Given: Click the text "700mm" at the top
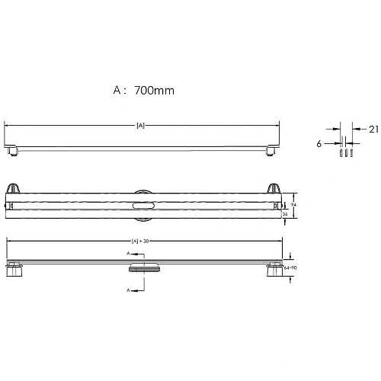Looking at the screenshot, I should pos(153,90).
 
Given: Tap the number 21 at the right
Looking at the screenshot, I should pos(373,130).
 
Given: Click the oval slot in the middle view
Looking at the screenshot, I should pos(142,206).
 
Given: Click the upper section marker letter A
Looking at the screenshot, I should pos(127,255).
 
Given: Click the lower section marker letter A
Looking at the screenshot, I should pos(127,290).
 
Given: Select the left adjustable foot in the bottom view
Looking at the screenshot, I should pos(14,271).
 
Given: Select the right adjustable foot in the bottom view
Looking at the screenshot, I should pos(271,271).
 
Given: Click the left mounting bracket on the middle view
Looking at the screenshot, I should pos(14,190).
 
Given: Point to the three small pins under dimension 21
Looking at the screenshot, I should pos(344,152).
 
